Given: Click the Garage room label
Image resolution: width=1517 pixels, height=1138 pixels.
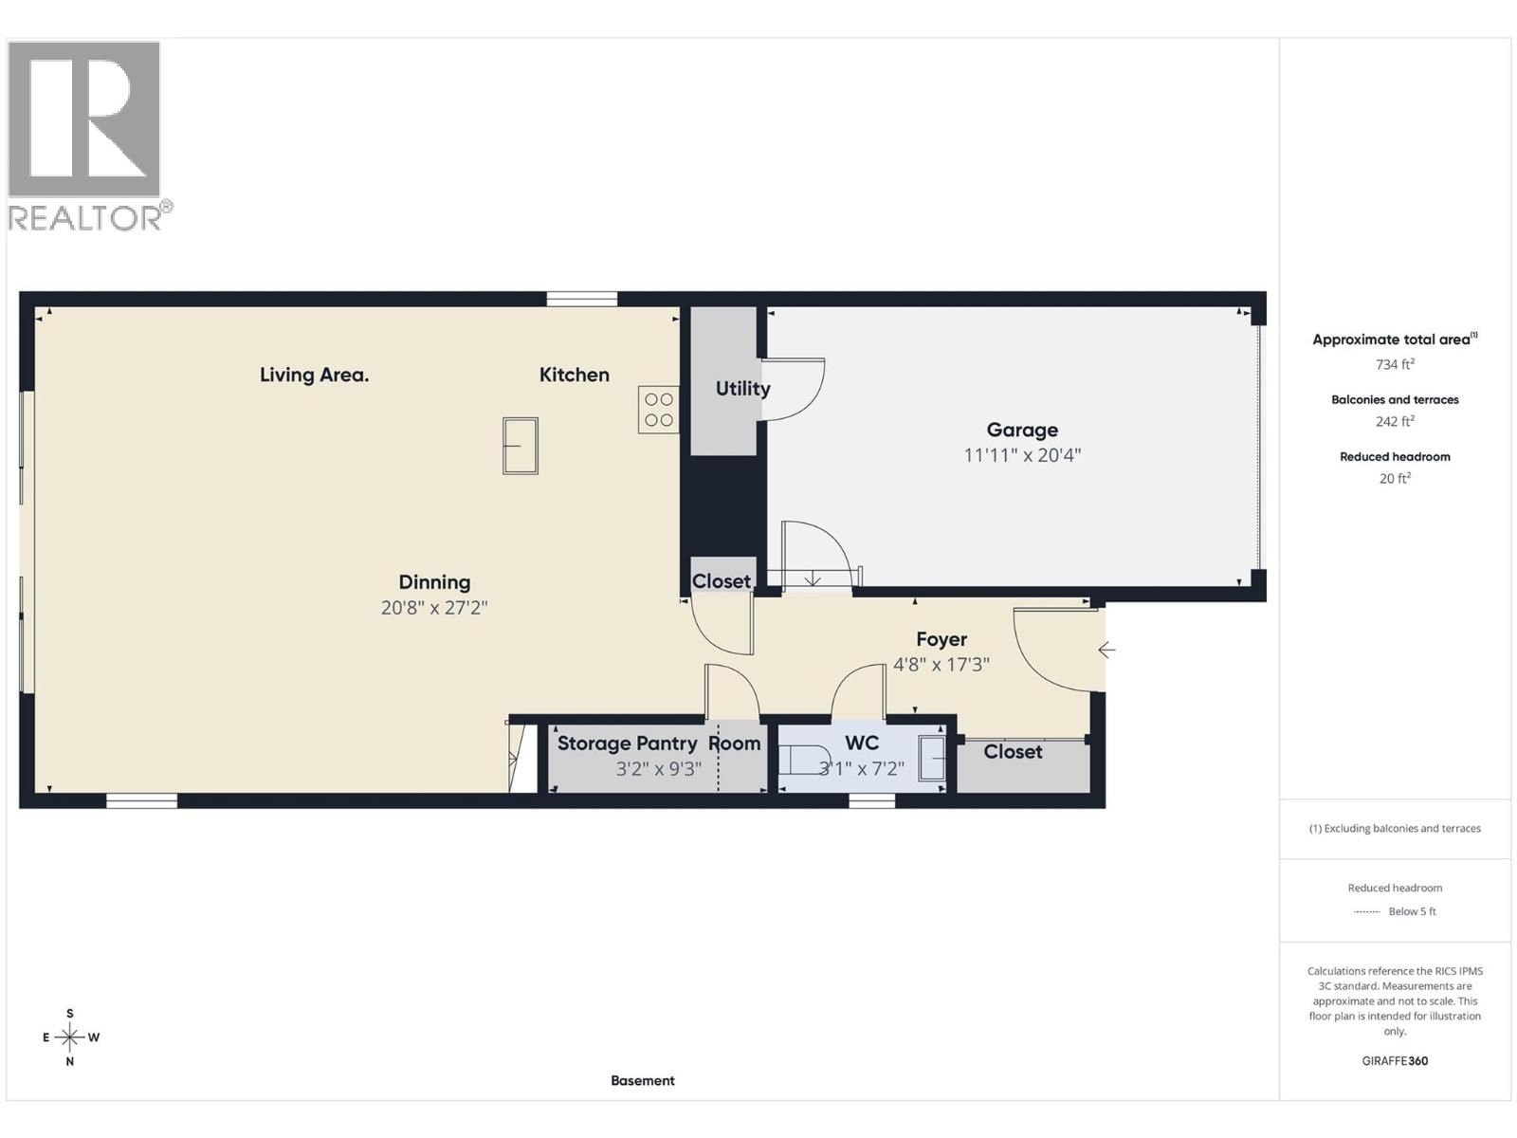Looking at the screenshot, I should pyautogui.click(x=1021, y=430).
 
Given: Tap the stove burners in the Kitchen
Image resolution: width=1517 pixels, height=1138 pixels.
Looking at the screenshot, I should pyautogui.click(x=658, y=410).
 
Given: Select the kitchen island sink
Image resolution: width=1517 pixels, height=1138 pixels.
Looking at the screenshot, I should pyautogui.click(x=520, y=446).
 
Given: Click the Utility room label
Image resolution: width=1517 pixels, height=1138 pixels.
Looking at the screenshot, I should pyautogui.click(x=742, y=388).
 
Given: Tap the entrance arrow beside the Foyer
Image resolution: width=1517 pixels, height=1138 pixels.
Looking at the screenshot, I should pyautogui.click(x=1106, y=650).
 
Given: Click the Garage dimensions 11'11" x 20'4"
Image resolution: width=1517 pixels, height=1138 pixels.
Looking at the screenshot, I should pyautogui.click(x=1021, y=455).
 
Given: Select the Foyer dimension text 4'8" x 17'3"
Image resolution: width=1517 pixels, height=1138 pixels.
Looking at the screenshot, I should pyautogui.click(x=941, y=665).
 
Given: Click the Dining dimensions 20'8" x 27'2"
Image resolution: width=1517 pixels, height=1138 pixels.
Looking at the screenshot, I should pyautogui.click(x=433, y=608).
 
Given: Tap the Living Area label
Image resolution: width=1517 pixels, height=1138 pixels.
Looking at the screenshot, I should pyautogui.click(x=314, y=375).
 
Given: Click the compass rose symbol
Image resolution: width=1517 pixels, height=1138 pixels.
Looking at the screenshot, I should pyautogui.click(x=70, y=1037).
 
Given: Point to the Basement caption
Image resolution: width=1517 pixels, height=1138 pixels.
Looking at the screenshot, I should pyautogui.click(x=642, y=1080).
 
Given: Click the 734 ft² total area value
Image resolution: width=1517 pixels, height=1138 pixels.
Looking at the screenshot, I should pyautogui.click(x=1395, y=364).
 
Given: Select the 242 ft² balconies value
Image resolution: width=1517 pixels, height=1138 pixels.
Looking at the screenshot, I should pyautogui.click(x=1395, y=421).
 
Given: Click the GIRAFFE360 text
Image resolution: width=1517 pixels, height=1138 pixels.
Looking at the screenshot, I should pyautogui.click(x=1395, y=1061).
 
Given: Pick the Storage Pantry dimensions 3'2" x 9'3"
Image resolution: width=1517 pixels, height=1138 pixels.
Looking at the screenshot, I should pyautogui.click(x=658, y=769).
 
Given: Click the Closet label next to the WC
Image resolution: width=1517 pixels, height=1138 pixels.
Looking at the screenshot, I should pyautogui.click(x=1013, y=752).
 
